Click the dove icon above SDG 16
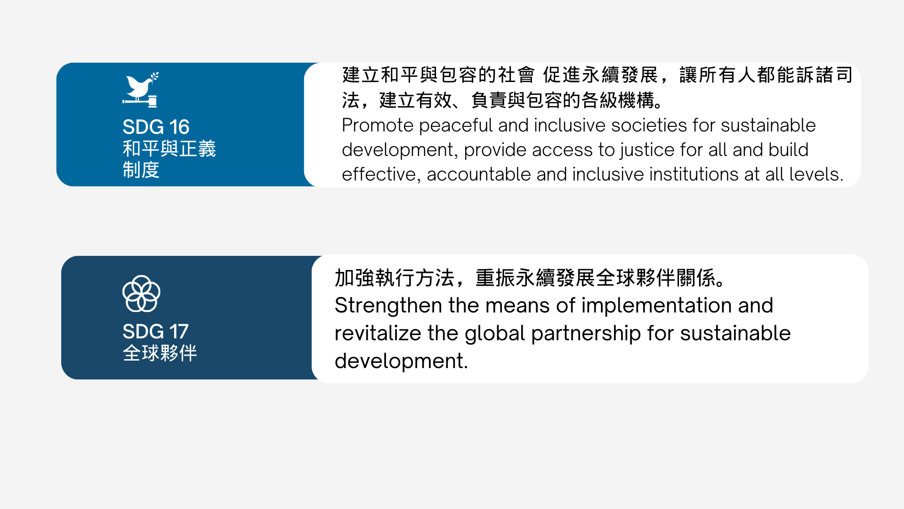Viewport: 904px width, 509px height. (139, 87)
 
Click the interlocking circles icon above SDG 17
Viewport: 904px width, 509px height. (141, 294)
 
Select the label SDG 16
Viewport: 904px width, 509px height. (156, 127)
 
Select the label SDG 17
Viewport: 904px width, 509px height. (155, 331)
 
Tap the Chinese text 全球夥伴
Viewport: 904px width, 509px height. (160, 353)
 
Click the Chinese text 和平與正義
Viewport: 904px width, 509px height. (169, 148)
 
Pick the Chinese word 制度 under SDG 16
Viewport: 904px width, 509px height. (141, 170)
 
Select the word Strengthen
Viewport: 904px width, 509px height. (388, 306)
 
